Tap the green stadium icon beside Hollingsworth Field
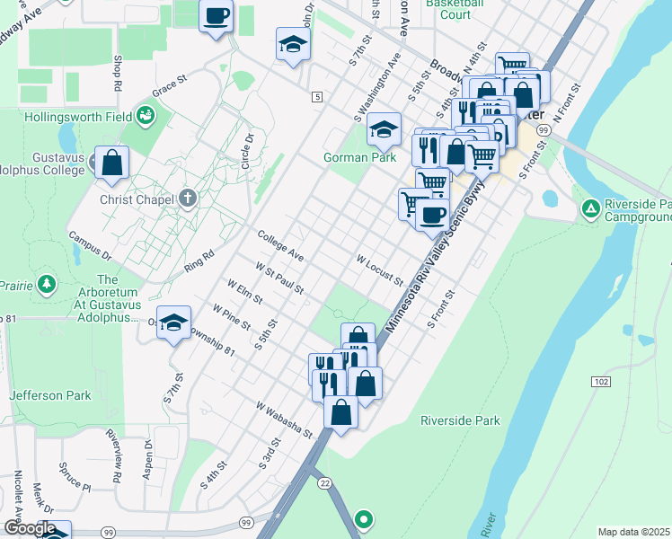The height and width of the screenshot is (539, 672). pyautogui.click(x=145, y=116)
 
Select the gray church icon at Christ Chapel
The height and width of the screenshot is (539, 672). pyautogui.click(x=187, y=199)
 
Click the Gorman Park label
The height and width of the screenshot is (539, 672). pyautogui.click(x=359, y=157)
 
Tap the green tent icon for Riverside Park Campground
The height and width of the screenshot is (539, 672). pyautogui.click(x=590, y=208)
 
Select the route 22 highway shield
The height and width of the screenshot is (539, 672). pyautogui.click(x=324, y=482)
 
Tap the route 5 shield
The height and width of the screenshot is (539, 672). pyautogui.click(x=316, y=96)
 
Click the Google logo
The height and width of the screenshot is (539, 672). pyautogui.click(x=29, y=528)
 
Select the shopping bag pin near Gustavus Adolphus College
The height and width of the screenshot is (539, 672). pyautogui.click(x=112, y=163)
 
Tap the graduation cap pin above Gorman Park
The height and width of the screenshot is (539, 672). pyautogui.click(x=384, y=130)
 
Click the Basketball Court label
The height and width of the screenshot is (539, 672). pyautogui.click(x=448, y=9)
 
